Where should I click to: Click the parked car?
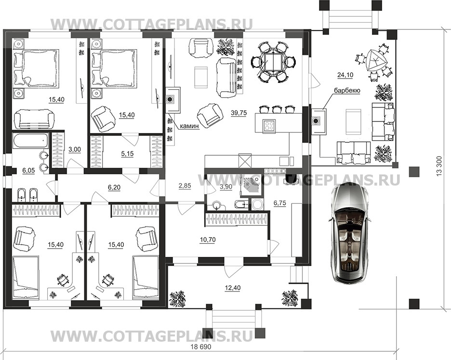348,233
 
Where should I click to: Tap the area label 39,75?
239,113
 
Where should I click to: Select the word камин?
189,126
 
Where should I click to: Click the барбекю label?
347,91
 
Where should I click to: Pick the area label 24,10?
345,75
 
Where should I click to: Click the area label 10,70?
208,240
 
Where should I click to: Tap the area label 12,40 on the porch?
232,288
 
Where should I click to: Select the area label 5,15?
127,154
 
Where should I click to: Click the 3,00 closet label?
75,149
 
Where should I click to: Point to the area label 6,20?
114,187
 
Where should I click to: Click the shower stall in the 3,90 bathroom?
252,186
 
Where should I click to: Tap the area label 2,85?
185,186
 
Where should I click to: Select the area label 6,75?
279,203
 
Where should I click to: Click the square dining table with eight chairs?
269,61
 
